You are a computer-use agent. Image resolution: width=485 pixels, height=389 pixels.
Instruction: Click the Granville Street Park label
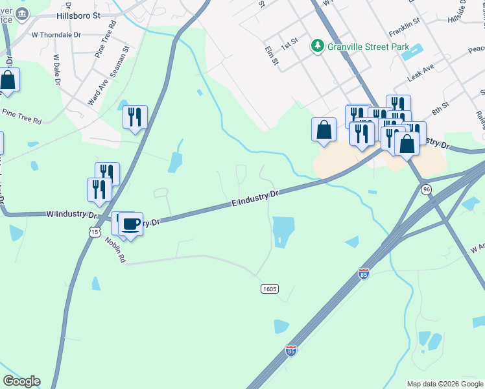(x=368, y=46)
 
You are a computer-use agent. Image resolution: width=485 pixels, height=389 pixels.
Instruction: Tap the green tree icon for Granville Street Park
(x=318, y=45)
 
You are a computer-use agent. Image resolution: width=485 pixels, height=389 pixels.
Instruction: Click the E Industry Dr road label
(x=255, y=199)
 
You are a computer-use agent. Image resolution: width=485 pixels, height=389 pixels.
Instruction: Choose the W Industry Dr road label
(x=71, y=213)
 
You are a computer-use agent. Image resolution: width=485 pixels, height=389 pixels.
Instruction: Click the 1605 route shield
(x=270, y=288)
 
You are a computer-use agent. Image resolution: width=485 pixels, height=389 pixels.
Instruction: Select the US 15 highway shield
(x=96, y=231)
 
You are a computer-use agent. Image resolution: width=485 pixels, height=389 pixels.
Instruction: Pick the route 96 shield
(x=425, y=189)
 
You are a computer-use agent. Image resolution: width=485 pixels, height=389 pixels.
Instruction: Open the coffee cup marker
(x=130, y=224)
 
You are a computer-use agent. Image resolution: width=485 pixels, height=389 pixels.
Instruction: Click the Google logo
(x=21, y=381)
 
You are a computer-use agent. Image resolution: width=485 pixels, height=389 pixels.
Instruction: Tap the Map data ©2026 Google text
(x=445, y=384)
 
